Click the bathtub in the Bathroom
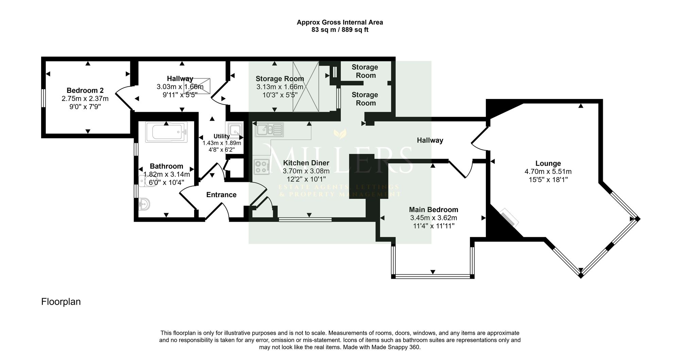[166, 132]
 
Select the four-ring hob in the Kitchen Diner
[261, 167]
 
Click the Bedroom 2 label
[85, 90]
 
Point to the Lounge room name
[548, 164]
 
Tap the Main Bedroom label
[434, 210]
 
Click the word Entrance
[221, 195]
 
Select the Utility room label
[222, 136]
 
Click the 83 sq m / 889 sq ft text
[340, 30]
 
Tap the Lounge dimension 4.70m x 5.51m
[548, 172]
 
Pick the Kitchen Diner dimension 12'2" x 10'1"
[306, 179]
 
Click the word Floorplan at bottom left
[61, 302]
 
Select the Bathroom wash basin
[144, 204]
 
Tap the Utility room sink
[235, 130]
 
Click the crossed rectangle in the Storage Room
[306, 86]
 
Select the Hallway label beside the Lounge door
[430, 140]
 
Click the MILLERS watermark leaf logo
[340, 134]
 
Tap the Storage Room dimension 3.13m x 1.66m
[280, 87]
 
